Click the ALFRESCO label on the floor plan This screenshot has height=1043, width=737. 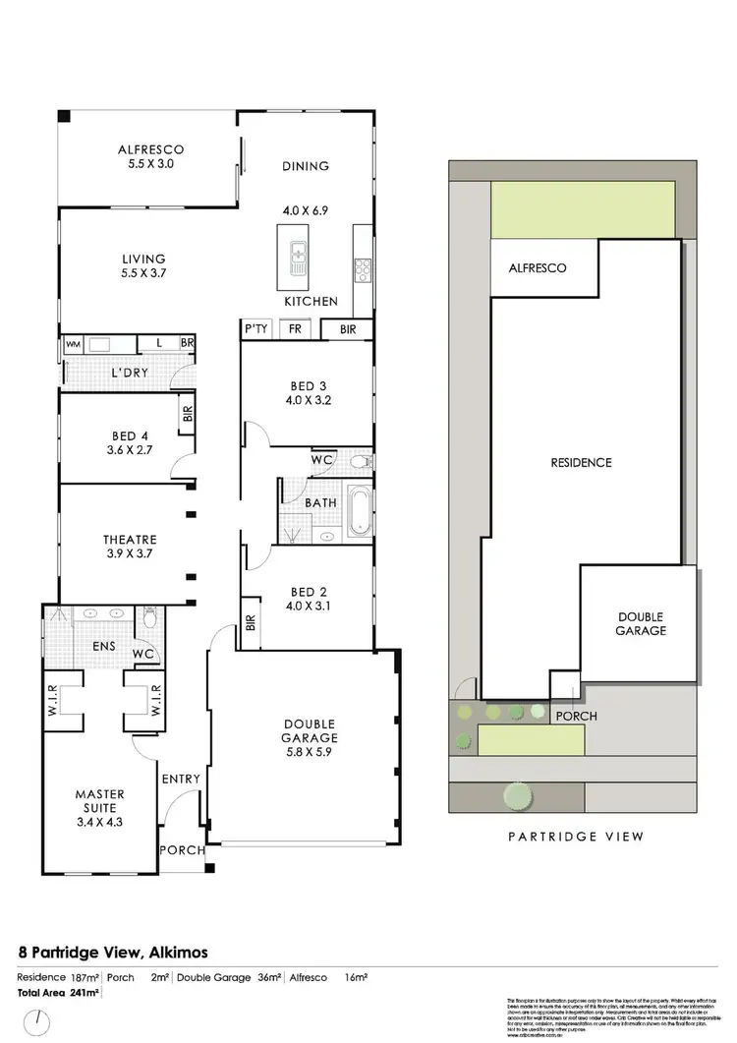tap(151, 149)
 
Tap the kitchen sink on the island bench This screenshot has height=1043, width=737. tap(297, 261)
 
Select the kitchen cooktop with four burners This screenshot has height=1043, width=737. tap(362, 268)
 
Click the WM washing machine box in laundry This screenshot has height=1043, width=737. tap(72, 344)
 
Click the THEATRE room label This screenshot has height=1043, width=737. tap(130, 540)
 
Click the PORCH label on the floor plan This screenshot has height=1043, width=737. tap(182, 850)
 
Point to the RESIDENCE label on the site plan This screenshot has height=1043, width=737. tap(582, 462)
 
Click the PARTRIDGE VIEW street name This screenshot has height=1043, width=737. tap(575, 837)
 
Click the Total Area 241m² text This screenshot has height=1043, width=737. tap(58, 993)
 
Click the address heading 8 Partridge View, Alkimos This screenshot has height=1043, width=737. tap(113, 952)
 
